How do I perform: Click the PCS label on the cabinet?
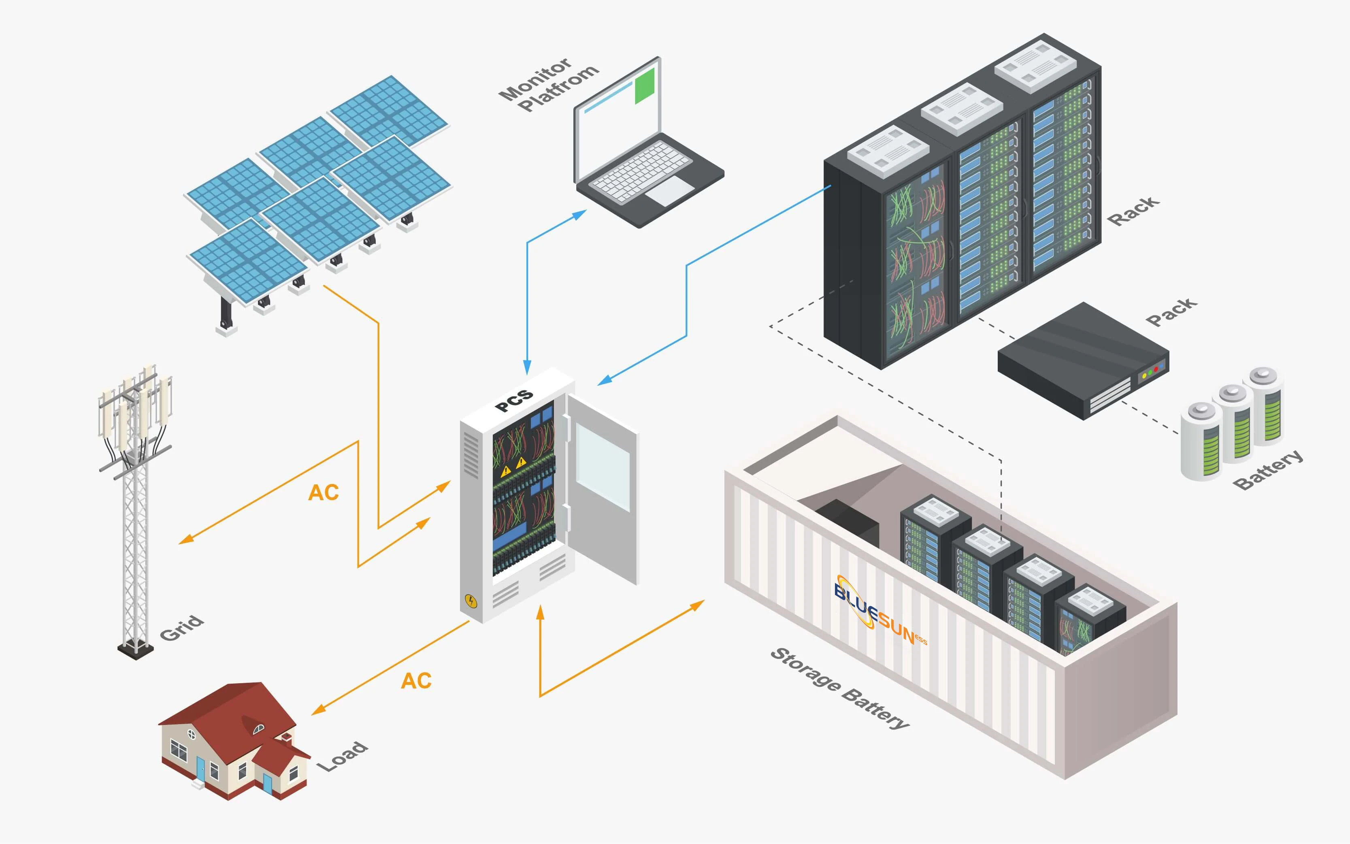tap(514, 400)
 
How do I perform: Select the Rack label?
tap(1133, 211)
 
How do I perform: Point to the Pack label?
tap(1171, 311)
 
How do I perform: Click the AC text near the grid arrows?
tap(324, 492)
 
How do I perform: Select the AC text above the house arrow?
tap(416, 680)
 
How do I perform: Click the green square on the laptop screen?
tap(645, 85)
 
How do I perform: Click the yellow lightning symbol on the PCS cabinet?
tap(471, 601)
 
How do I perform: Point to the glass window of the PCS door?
tap(603, 467)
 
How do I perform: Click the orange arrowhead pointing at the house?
tap(317, 710)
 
